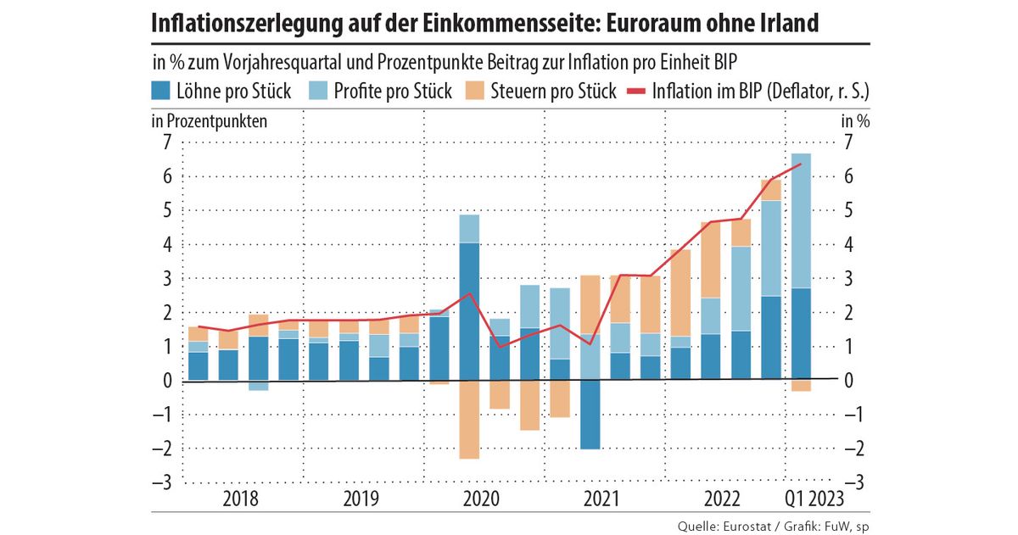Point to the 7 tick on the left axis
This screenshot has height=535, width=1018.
tap(167, 142)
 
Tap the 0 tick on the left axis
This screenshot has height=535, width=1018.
tap(167, 381)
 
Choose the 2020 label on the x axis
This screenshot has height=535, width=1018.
tap(481, 499)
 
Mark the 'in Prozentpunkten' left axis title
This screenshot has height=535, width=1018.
tap(210, 120)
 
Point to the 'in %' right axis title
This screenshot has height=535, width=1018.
tap(855, 120)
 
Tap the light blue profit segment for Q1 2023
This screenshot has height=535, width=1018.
tap(801, 220)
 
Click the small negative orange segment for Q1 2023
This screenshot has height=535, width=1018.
tap(801, 386)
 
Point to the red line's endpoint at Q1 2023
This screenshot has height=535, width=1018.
tap(801, 164)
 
